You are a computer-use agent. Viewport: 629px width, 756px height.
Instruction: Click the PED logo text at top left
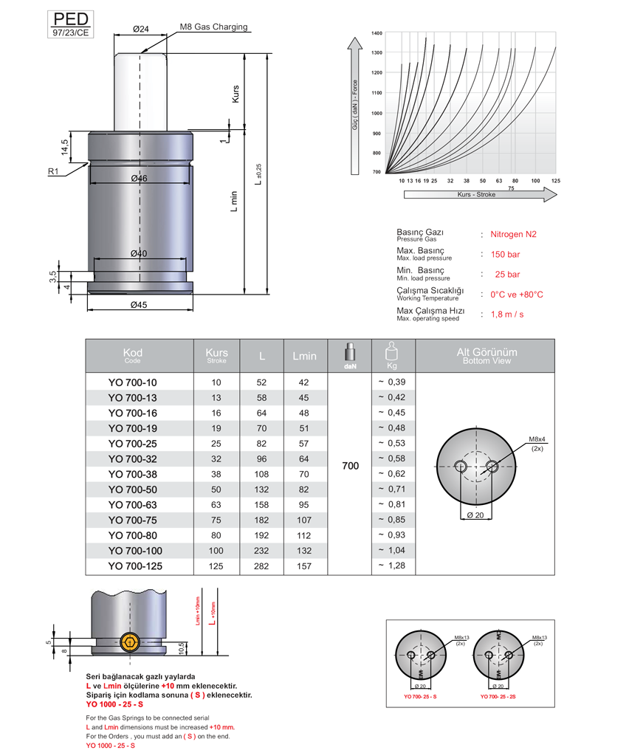coord(71,18)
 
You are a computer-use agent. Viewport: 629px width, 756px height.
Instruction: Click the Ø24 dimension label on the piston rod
coord(140,29)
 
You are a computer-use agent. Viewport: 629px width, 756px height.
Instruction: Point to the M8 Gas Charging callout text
coord(213,27)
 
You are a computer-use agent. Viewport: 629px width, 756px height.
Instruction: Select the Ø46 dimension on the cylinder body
coord(139,178)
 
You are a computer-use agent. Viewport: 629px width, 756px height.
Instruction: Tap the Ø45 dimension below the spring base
coord(140,305)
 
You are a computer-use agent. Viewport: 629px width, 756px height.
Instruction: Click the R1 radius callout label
coord(53,171)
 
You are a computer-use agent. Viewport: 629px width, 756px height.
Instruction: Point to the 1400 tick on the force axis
coord(377,33)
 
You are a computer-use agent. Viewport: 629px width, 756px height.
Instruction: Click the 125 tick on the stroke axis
coord(556,180)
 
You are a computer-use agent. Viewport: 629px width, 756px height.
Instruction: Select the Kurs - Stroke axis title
coord(476,194)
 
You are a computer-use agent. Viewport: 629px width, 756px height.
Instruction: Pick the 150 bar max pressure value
coord(505,254)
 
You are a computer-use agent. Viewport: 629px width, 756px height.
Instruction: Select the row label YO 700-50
coord(133,489)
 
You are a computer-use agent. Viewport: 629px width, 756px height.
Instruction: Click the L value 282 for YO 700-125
coord(262,566)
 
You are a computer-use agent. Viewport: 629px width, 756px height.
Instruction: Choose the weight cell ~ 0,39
coord(393,382)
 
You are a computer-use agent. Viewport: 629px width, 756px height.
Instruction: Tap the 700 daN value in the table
coord(351,466)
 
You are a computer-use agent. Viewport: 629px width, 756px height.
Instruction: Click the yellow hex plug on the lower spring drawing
coord(129,642)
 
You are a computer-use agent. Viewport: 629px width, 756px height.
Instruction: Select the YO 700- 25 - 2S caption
coord(499,697)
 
